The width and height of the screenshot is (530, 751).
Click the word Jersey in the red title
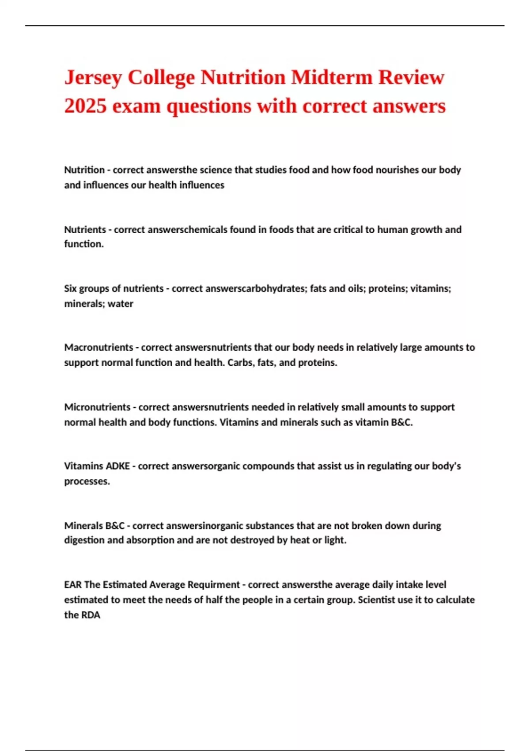93,78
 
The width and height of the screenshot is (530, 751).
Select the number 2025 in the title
85,106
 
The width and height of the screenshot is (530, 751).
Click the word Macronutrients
98,348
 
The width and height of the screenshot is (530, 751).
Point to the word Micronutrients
97,407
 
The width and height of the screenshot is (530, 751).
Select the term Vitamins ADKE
97,466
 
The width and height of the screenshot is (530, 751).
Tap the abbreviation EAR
73,585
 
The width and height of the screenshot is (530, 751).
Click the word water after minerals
121,304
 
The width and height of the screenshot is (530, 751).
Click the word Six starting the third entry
70,288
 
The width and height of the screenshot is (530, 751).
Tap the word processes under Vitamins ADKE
87,482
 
